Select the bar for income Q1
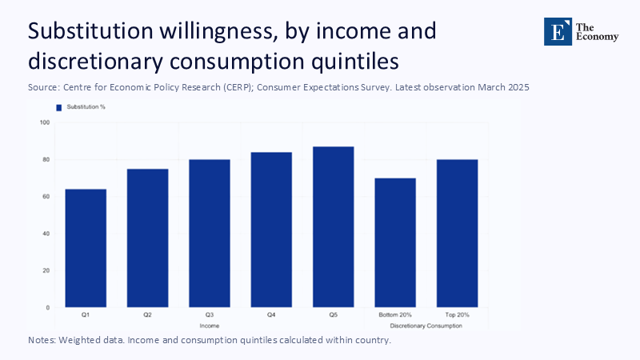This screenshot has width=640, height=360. pos(86,248)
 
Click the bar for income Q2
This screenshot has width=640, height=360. pos(147,238)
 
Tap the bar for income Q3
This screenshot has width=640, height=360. pos(210,233)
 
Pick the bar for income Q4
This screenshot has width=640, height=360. pos(271,230)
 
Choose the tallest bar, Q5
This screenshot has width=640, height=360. pos(333,226)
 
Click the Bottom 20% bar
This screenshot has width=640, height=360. pos(395,242)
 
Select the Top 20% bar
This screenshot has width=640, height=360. pos(457,233)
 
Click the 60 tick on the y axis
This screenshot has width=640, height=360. pos(45,196)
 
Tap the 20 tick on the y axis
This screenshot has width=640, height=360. pos(45,270)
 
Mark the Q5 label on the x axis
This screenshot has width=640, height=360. pos(333,316)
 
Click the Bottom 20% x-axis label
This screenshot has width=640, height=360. pos(395,316)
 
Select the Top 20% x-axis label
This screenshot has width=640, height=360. pos(457,316)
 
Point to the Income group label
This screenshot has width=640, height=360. pos(210,326)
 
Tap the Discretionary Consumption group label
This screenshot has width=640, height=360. pos(426,326)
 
